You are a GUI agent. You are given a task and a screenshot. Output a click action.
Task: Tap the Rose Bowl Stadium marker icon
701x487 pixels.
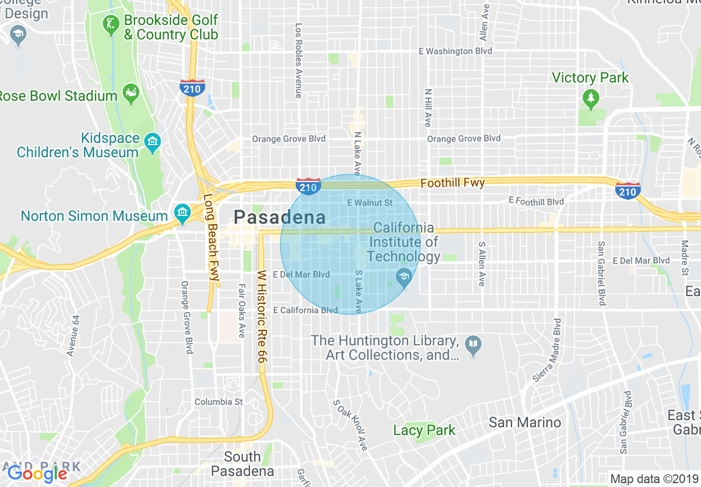(x=131, y=95)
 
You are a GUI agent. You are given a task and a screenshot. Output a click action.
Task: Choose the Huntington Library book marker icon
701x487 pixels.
(x=473, y=346)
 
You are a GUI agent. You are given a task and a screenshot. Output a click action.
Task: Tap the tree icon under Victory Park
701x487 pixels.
(x=591, y=99)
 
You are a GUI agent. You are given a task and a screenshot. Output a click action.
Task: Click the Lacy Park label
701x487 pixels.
(x=424, y=430)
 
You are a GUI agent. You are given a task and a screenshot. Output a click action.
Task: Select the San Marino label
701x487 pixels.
(x=525, y=423)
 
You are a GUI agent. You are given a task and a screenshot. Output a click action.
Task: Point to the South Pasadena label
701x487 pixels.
(x=243, y=464)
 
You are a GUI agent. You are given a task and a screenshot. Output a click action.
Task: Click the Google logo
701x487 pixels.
(x=38, y=474)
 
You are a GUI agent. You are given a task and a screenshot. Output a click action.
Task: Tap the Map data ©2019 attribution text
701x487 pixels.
(x=653, y=479)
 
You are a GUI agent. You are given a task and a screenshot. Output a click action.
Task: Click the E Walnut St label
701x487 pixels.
(x=369, y=203)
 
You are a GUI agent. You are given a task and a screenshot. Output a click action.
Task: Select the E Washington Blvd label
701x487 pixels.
(x=454, y=51)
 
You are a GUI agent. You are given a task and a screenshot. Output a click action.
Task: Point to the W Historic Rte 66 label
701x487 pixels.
(x=262, y=317)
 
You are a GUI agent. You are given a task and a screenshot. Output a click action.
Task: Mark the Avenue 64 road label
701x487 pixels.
(x=74, y=335)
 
